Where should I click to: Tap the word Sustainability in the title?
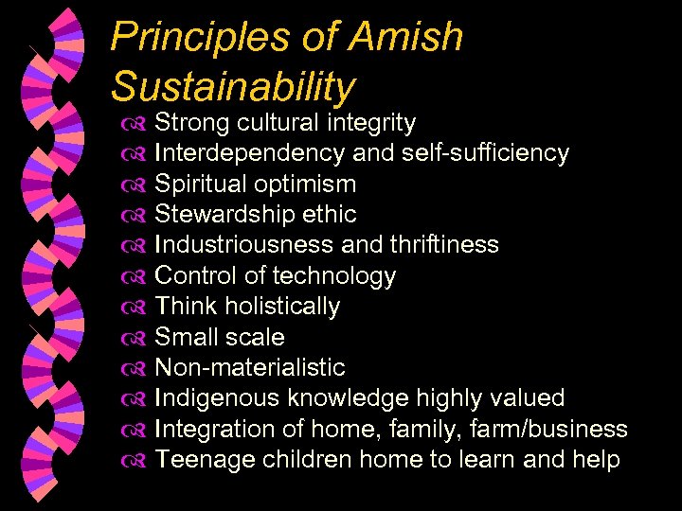tap(233, 86)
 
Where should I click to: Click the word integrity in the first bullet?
tap(371, 123)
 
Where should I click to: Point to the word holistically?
tap(281, 307)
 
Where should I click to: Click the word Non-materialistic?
tap(249, 368)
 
